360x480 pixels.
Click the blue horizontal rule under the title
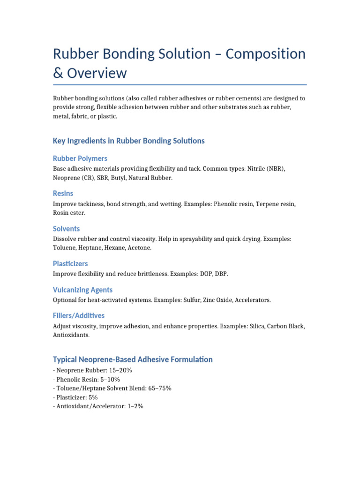tap(180, 85)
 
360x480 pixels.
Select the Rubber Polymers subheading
tap(80, 158)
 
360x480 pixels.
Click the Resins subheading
tap(63, 193)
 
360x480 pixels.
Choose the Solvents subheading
tap(66, 229)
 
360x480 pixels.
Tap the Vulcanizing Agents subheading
tap(82, 290)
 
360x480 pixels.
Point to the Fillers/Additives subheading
tap(78, 315)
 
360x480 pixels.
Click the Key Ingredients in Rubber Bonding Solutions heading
tap(128, 141)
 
